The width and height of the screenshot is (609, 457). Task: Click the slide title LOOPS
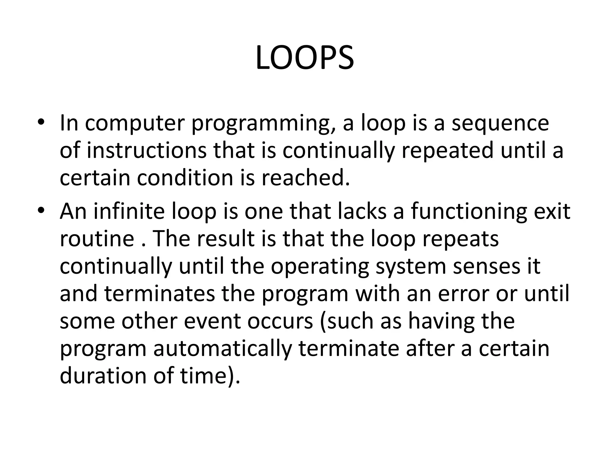(x=304, y=58)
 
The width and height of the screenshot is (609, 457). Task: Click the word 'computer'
(x=135, y=123)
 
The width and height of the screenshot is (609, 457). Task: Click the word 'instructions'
(x=147, y=150)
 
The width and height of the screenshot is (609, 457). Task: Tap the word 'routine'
(x=97, y=239)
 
